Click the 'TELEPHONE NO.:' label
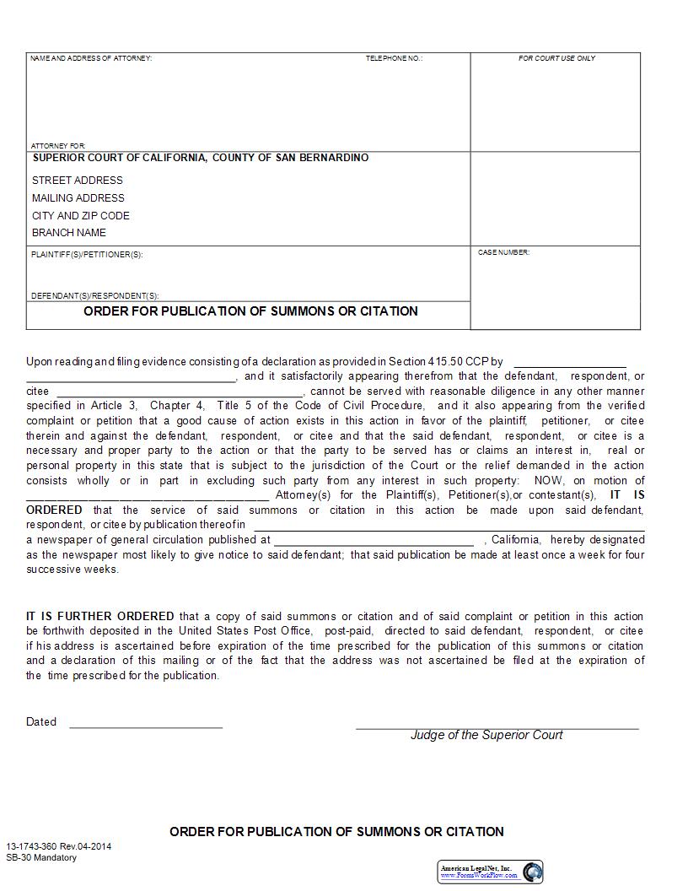pyautogui.click(x=394, y=58)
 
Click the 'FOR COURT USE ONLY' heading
pyautogui.click(x=556, y=58)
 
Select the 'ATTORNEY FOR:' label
pyautogui.click(x=58, y=146)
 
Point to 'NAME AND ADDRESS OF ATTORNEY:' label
pyautogui.click(x=91, y=58)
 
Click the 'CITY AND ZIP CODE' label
pyautogui.click(x=80, y=216)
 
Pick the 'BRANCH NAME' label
pyautogui.click(x=68, y=233)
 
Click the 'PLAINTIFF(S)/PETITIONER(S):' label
pyautogui.click(x=87, y=255)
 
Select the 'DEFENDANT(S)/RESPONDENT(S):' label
pyautogui.click(x=94, y=296)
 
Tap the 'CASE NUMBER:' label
pyautogui.click(x=503, y=252)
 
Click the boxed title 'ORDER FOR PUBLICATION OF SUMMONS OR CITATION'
pyautogui.click(x=250, y=311)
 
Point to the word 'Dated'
pyautogui.click(x=41, y=722)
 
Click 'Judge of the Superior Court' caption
pyautogui.click(x=486, y=735)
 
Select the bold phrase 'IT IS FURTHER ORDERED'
pyautogui.click(x=100, y=617)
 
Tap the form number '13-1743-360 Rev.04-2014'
pyautogui.click(x=58, y=846)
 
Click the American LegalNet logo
pyautogui.click(x=490, y=872)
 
